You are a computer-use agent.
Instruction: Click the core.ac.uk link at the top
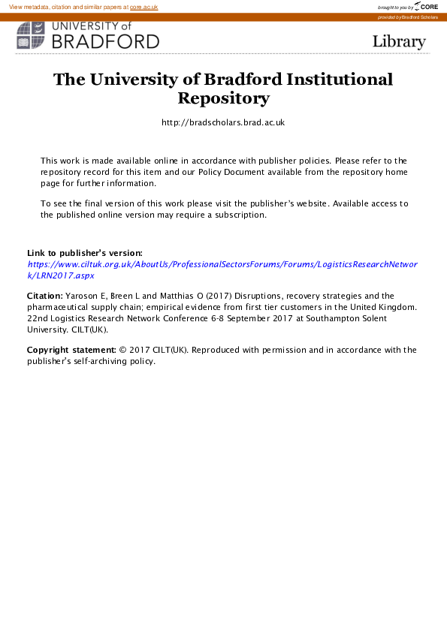click(x=143, y=7)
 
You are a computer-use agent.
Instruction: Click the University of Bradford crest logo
click(x=31, y=35)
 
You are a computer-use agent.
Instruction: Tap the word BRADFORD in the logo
click(x=104, y=41)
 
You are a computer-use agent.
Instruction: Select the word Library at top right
click(x=399, y=41)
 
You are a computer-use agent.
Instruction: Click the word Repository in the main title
click(x=223, y=98)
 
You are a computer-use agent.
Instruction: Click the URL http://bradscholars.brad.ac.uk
click(x=223, y=122)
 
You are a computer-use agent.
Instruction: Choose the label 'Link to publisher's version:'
click(x=84, y=254)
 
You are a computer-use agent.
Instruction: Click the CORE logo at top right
click(x=426, y=7)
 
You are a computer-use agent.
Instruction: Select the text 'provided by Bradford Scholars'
click(x=407, y=17)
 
